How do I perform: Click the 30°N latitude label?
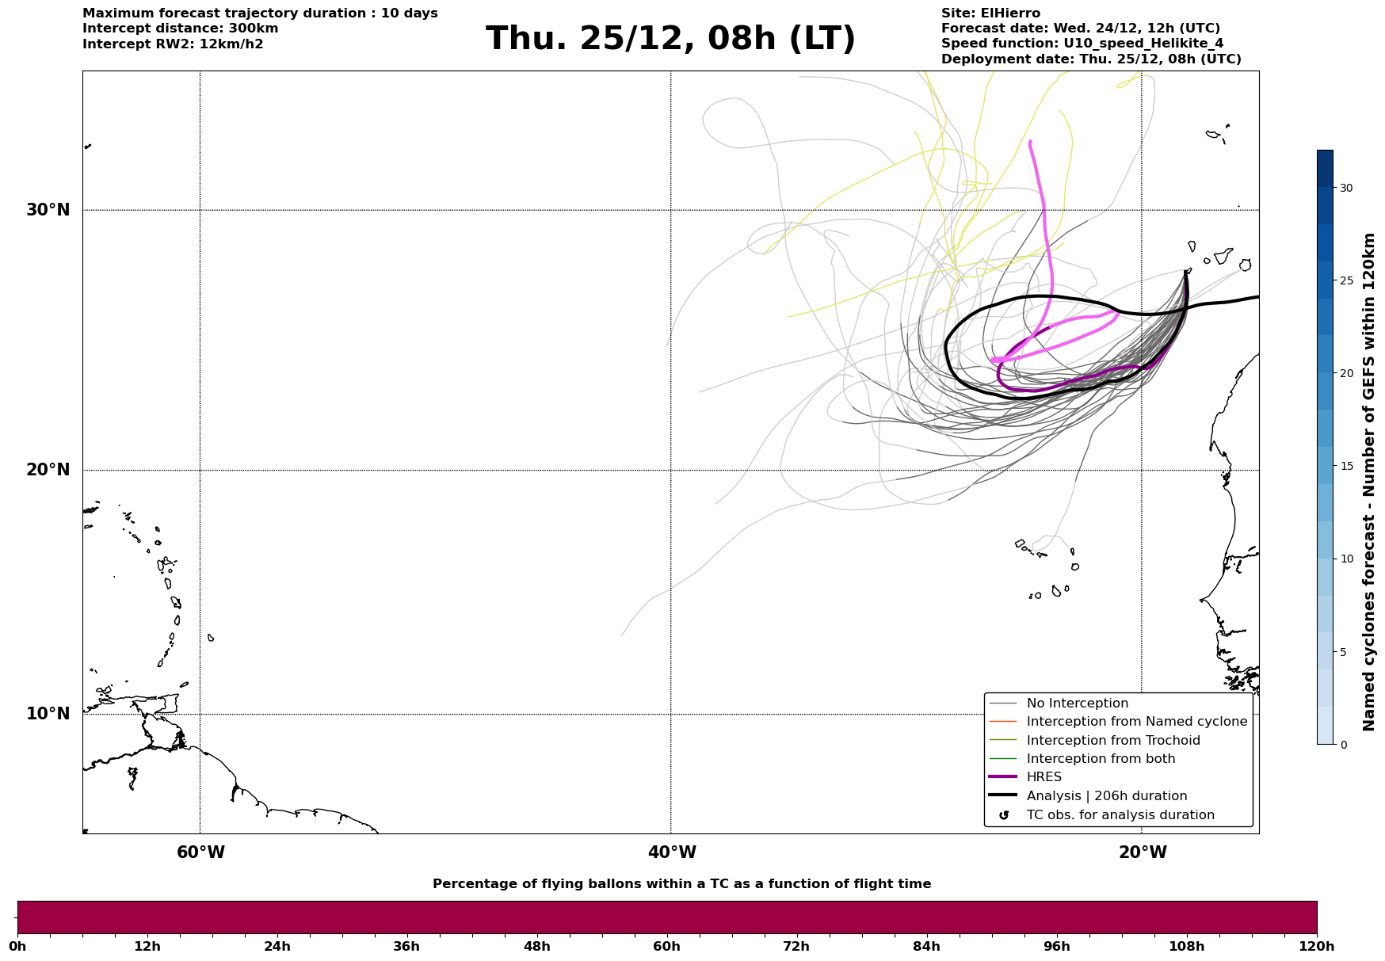[x=48, y=210]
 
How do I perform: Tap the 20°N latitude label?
[x=48, y=470]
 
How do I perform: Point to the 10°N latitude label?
[x=48, y=714]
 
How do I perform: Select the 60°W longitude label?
[x=200, y=852]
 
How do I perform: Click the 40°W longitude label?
[x=672, y=852]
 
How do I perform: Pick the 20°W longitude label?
[x=1143, y=852]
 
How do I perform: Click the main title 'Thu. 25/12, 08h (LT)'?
[x=670, y=39]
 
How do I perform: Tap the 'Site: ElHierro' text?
[x=990, y=13]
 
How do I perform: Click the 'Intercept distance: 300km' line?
[x=180, y=29]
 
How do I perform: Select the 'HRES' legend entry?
[x=1044, y=777]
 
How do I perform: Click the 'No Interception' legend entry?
[x=1077, y=704]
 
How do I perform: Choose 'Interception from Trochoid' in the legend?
[x=1112, y=741]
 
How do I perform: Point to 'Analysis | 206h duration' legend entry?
[x=1106, y=796]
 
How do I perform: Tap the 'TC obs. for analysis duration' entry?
[x=1120, y=815]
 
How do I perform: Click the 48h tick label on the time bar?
[x=536, y=946]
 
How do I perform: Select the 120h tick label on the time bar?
[x=1317, y=946]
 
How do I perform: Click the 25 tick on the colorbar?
[x=1346, y=280]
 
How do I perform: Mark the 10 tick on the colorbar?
[x=1346, y=559]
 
